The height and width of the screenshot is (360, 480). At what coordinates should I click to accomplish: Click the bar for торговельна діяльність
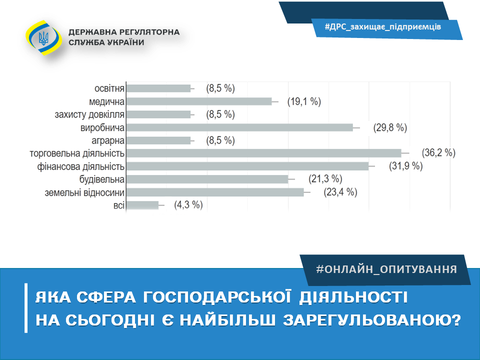(264, 153)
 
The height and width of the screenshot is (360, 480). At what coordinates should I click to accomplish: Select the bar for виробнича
(239, 127)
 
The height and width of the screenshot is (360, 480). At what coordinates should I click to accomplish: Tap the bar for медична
(199, 101)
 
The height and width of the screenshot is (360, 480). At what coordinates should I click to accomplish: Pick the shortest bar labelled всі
(142, 205)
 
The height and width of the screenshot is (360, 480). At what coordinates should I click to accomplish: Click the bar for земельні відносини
(215, 192)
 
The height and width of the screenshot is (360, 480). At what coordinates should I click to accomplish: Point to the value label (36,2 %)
(438, 153)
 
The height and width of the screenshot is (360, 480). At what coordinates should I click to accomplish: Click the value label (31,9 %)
(406, 166)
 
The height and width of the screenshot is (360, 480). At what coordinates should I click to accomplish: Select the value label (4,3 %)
(188, 205)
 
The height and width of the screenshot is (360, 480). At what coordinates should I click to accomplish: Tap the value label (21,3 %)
(325, 179)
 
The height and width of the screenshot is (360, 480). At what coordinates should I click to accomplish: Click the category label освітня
(109, 88)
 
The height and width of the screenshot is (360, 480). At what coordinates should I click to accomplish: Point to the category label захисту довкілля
(89, 114)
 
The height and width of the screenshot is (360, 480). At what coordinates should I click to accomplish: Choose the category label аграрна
(108, 141)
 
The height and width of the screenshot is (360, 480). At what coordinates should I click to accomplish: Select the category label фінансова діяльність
(81, 167)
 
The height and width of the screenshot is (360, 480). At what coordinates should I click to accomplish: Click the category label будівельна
(102, 179)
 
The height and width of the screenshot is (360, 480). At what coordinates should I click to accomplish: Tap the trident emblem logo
(43, 38)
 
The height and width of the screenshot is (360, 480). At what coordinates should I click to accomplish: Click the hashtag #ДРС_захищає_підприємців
(382, 26)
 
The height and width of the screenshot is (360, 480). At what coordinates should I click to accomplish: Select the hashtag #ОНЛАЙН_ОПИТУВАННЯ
(386, 269)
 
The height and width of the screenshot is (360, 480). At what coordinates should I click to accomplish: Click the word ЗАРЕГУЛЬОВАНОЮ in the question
(372, 320)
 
